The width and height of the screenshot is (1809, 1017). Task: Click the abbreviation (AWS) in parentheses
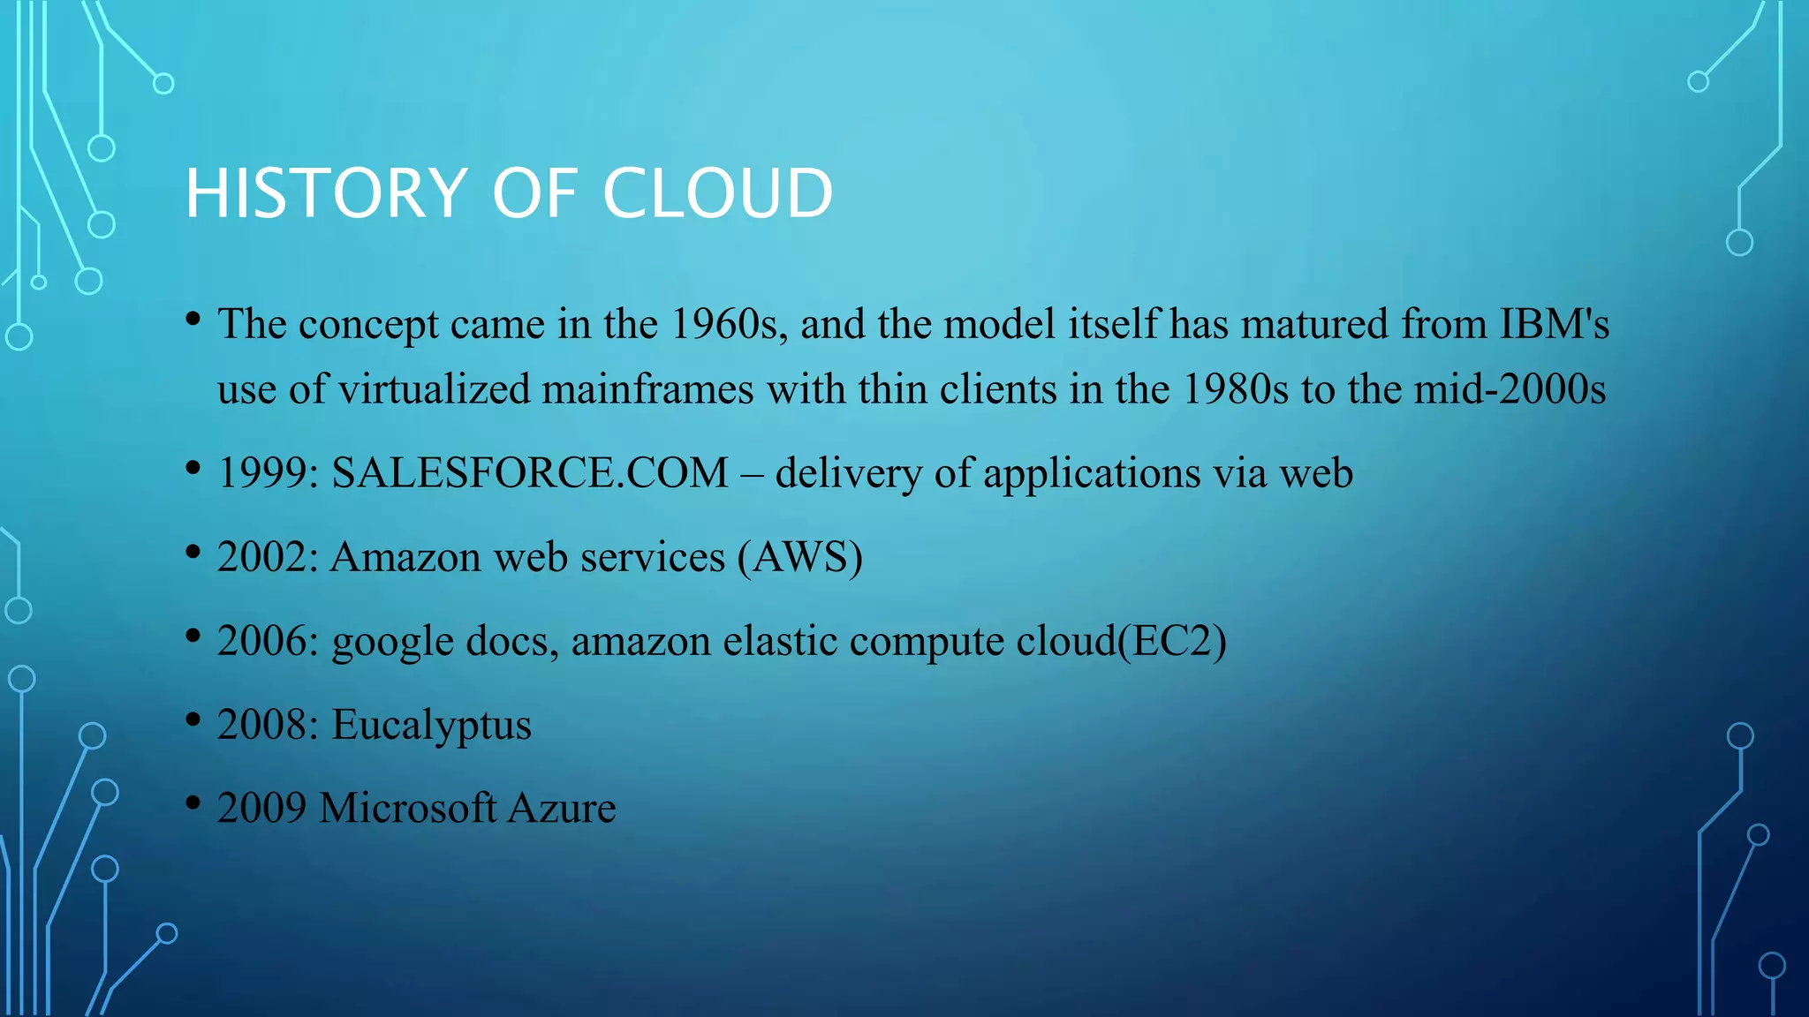coord(800,557)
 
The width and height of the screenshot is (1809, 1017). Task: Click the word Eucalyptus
coord(431,726)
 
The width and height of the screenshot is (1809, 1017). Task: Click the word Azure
coord(562,808)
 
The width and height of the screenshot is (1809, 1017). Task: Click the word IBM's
coord(1554,324)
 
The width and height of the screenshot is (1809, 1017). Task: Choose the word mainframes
coord(647,389)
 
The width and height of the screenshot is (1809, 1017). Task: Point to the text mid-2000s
coord(1510,389)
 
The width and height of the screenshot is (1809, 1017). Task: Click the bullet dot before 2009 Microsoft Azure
coord(193,802)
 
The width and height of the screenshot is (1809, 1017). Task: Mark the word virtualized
coord(435,389)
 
